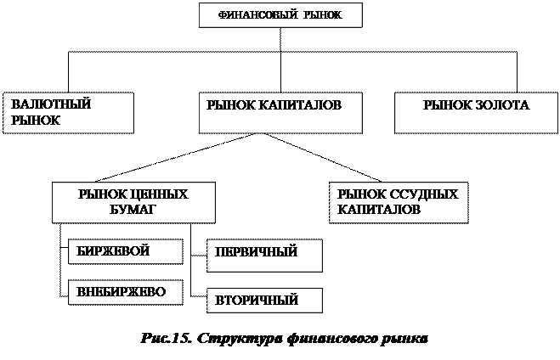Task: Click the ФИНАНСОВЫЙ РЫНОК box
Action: [x=280, y=15]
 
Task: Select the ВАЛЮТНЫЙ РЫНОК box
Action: [x=69, y=113]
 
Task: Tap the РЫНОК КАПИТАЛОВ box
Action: [x=280, y=113]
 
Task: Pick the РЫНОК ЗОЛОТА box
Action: [x=475, y=113]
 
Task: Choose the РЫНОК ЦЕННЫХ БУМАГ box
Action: [x=133, y=202]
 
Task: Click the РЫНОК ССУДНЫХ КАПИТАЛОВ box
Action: [x=398, y=202]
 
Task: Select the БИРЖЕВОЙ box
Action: [x=125, y=251]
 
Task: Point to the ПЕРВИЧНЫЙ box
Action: [x=264, y=255]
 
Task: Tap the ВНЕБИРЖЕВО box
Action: [x=125, y=291]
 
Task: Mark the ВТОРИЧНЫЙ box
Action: [x=264, y=300]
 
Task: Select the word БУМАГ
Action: [x=133, y=209]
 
